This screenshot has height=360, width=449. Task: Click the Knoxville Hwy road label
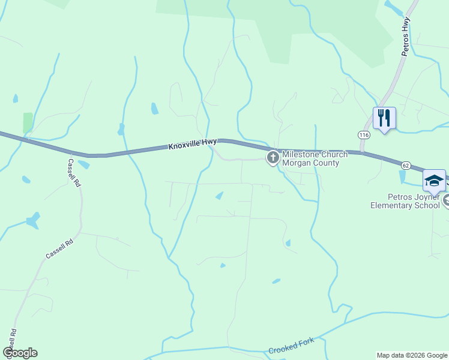coord(192,144)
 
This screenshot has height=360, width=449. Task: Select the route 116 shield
coord(364,135)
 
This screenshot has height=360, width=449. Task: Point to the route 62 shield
coord(406,165)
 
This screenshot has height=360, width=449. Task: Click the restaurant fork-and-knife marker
coord(384,118)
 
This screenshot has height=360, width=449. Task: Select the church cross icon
coord(273,158)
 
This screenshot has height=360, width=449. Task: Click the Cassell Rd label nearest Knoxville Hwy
coord(73,173)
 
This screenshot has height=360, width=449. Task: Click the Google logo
coord(20,353)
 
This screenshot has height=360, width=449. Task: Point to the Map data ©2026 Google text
coord(412,355)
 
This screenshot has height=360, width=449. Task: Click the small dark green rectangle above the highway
coord(28,122)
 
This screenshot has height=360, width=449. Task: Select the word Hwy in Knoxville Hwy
coord(209,142)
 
